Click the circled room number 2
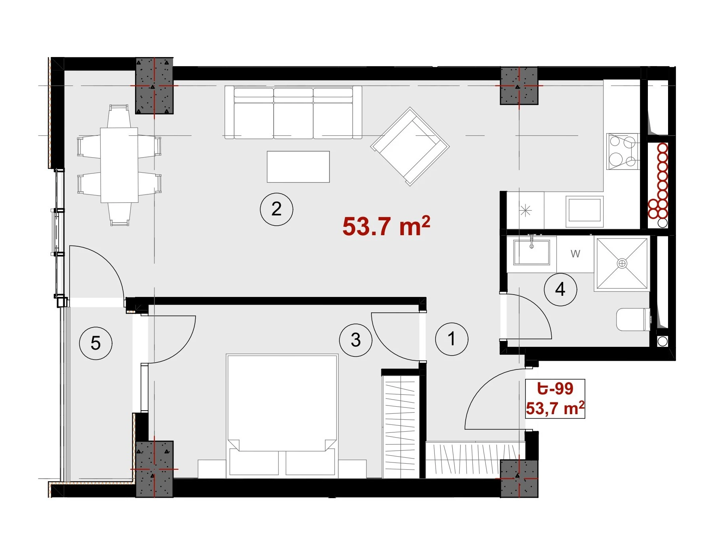pyautogui.click(x=276, y=209)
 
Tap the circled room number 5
pyautogui.click(x=96, y=343)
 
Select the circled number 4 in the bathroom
pyautogui.click(x=560, y=289)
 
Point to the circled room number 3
pyautogui.click(x=356, y=340)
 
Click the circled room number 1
pyautogui.click(x=451, y=339)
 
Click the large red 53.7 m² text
pyautogui.click(x=386, y=226)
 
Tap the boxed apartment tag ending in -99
pyautogui.click(x=555, y=399)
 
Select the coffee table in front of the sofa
pyautogui.click(x=298, y=167)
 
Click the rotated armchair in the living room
pyautogui.click(x=410, y=147)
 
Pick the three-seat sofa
pyautogui.click(x=293, y=112)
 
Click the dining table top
pyautogui.click(x=119, y=165)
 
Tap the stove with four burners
pyautogui.click(x=623, y=151)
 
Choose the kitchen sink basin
pyautogui.click(x=585, y=210)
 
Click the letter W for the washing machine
pyautogui.click(x=575, y=254)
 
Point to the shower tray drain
pyautogui.click(x=622, y=263)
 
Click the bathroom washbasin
pyautogui.click(x=532, y=252)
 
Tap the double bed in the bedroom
pyautogui.click(x=282, y=415)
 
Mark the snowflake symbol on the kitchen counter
pyautogui.click(x=526, y=211)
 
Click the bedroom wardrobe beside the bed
pyautogui.click(x=401, y=427)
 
